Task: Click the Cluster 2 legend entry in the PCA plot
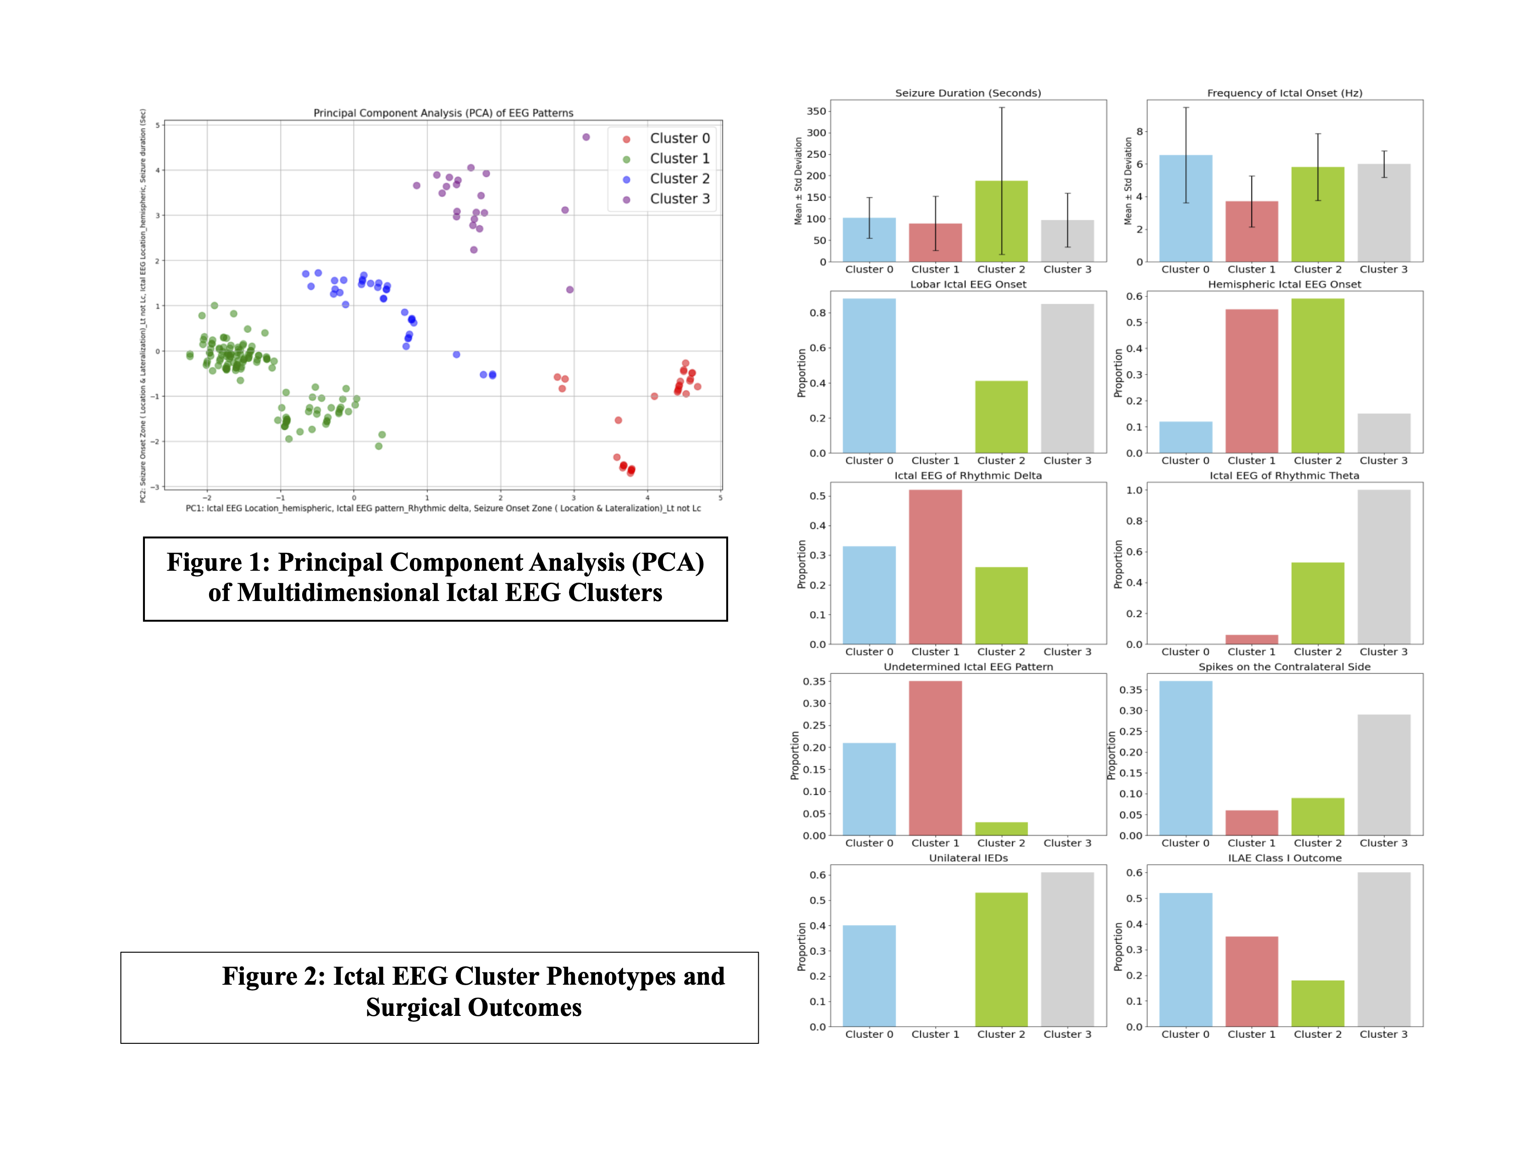click(x=679, y=179)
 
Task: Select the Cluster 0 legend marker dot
click(x=626, y=139)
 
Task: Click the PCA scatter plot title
click(x=443, y=113)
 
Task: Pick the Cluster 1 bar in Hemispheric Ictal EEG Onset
click(x=1251, y=381)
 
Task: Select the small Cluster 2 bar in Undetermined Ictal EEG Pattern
click(x=1001, y=829)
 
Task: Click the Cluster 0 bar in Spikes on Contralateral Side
click(x=1185, y=758)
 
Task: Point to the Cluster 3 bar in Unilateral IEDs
click(x=1067, y=949)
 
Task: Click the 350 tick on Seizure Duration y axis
click(x=817, y=111)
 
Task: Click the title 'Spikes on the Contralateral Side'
click(x=1284, y=667)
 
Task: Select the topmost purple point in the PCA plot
click(x=586, y=137)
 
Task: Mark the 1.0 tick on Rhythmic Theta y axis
click(x=1134, y=491)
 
